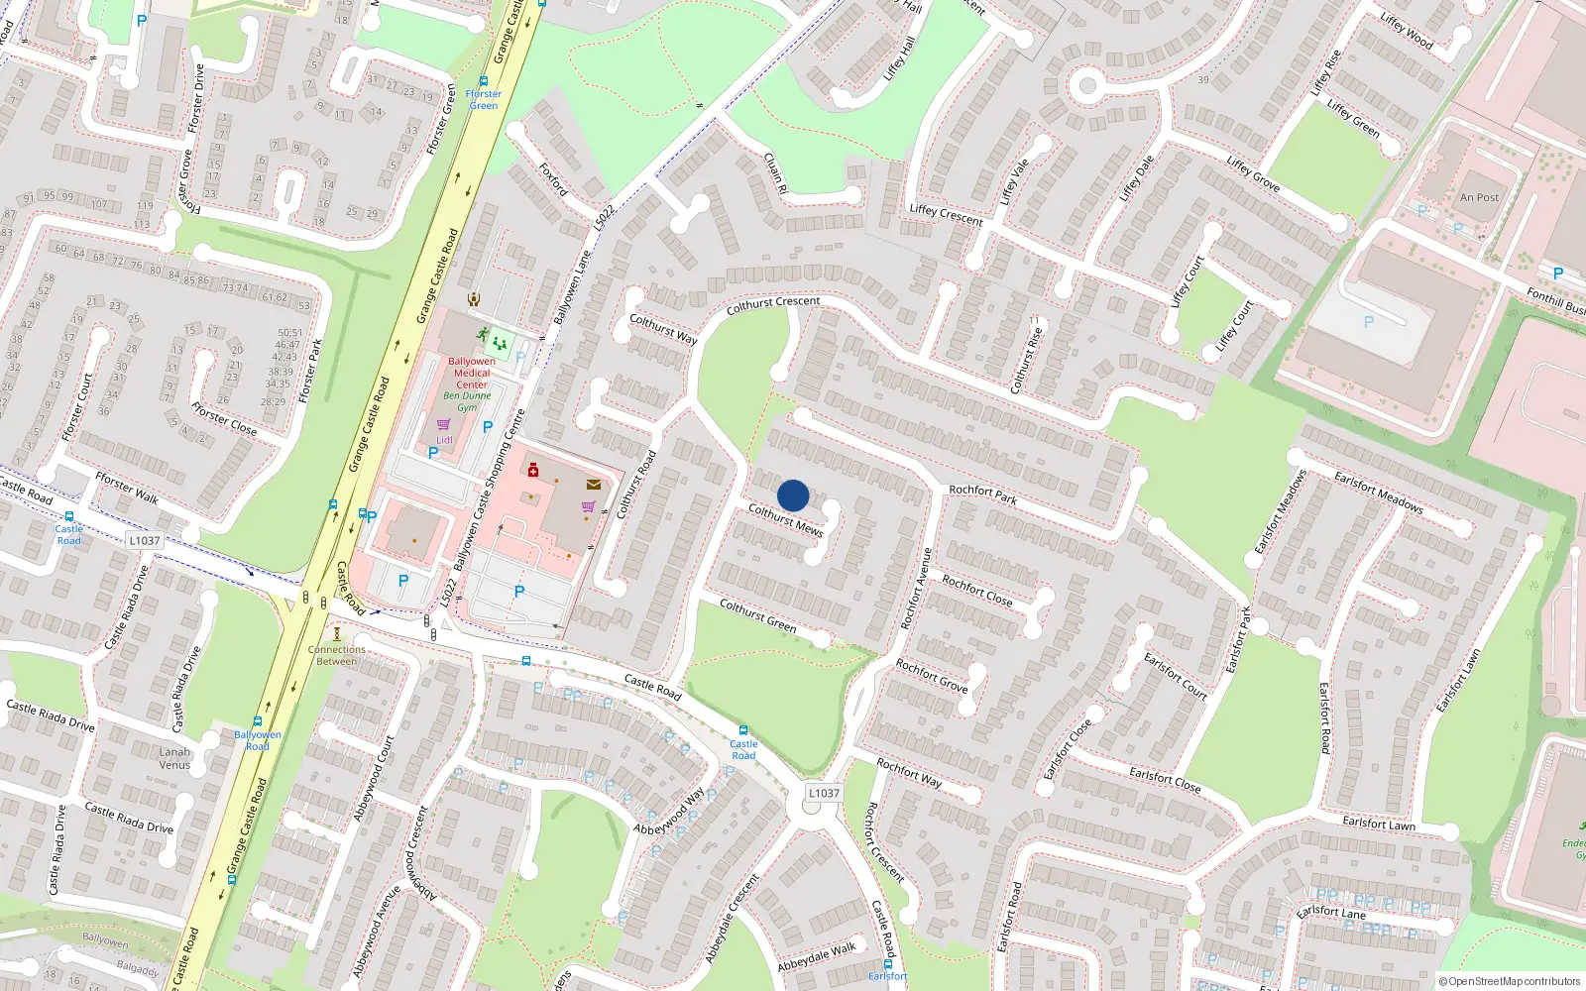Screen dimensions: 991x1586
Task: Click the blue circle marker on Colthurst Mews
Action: coord(793,495)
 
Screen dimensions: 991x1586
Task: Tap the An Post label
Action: coord(1479,197)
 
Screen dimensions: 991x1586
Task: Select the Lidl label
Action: coord(444,440)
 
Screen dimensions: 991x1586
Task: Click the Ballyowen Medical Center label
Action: coord(472,373)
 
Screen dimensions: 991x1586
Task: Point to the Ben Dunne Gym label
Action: coord(467,401)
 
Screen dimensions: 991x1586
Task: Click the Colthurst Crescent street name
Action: coord(773,305)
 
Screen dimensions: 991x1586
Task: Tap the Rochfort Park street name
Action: coord(982,494)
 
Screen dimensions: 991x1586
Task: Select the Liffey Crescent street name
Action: coord(946,215)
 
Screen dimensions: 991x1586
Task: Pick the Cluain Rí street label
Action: coord(775,172)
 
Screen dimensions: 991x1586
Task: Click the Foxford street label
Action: coord(553,178)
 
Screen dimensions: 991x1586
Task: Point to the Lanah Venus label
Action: coord(174,758)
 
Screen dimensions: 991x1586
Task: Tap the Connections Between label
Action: coord(336,655)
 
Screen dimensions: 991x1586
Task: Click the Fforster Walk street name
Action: coord(127,489)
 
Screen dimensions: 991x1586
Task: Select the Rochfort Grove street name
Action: coord(932,675)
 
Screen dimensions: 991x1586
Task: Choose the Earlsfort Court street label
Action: coord(1176,676)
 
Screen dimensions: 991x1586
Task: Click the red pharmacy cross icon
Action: coord(533,470)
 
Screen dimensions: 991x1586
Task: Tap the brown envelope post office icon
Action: coord(593,485)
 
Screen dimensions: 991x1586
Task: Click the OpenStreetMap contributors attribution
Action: coord(1510,981)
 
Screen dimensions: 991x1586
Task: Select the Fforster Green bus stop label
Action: coord(484,99)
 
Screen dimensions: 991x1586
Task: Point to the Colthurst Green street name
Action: coord(757,615)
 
